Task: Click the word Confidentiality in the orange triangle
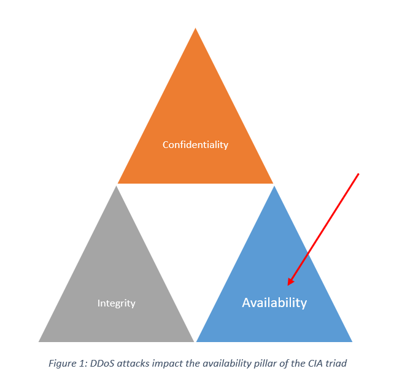coord(195,145)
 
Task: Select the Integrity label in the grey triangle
coord(117,303)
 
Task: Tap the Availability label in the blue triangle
coord(274,303)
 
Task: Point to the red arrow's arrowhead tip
coord(288,286)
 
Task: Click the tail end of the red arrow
coord(358,174)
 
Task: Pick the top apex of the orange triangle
coord(196,28)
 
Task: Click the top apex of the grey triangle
coord(116,186)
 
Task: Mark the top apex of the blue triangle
coord(274,186)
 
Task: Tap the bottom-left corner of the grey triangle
coord(39,341)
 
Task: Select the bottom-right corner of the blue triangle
coord(352,341)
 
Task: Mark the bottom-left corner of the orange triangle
coord(118,183)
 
